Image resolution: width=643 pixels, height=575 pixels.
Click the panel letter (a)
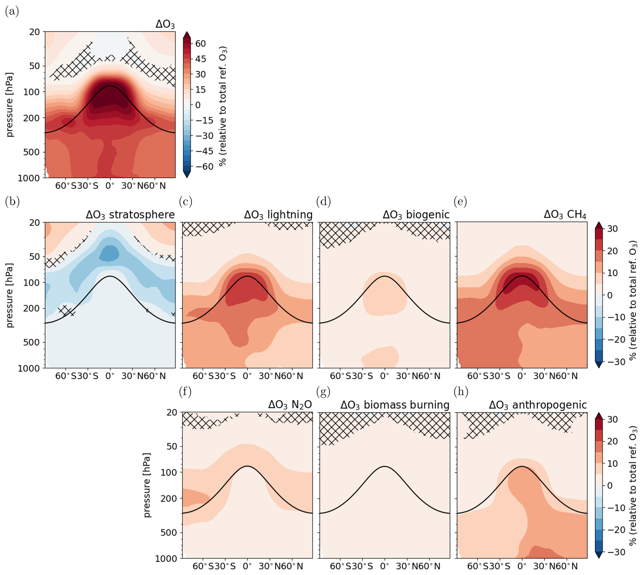tap(12, 12)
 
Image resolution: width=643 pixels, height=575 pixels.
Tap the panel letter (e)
tap(460, 201)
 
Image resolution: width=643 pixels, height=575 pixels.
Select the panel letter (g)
tap(323, 392)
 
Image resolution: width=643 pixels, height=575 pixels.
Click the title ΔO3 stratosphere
tap(130, 215)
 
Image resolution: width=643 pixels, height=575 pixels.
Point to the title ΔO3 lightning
tap(278, 215)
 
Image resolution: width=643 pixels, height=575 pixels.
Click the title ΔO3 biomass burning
tap(395, 405)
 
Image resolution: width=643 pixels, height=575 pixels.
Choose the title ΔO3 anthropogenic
tap(538, 405)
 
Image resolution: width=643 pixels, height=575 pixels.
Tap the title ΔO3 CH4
tap(565, 215)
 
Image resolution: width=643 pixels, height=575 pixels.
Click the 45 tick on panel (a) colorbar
tap(200, 59)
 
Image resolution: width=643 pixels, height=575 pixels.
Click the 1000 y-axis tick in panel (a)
tap(29, 178)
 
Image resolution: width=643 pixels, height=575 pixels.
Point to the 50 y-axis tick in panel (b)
tap(35, 257)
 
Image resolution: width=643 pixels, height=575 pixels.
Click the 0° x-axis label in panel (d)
tap(384, 376)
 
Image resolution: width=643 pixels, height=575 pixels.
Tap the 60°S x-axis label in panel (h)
tap(478, 567)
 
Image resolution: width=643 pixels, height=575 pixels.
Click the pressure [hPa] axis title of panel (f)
tap(147, 485)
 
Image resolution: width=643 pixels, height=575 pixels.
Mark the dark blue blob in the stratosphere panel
tap(109, 253)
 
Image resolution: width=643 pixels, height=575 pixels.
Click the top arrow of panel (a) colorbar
tap(187, 35)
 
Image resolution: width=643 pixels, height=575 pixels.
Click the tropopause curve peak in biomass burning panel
tap(384, 466)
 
